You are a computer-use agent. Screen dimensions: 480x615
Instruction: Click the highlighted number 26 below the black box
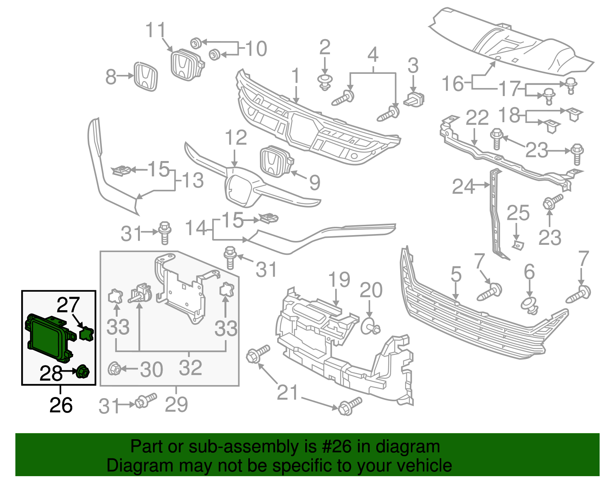pos(61,405)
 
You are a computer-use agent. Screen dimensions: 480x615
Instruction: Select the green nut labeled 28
pos(83,372)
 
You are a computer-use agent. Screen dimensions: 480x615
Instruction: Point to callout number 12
pos(236,138)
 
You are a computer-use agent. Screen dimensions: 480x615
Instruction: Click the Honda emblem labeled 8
pos(146,76)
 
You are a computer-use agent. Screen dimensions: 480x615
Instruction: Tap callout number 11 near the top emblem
pos(155,30)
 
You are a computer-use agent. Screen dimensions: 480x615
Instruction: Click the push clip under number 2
pos(325,82)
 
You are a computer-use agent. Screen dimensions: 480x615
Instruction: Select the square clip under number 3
pos(414,99)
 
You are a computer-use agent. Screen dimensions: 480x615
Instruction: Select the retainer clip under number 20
pos(370,327)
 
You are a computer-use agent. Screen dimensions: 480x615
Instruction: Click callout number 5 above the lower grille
pos(456,274)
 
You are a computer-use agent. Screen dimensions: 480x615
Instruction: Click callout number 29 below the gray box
pos(176,405)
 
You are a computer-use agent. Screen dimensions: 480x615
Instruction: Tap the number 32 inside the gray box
pos(190,368)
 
